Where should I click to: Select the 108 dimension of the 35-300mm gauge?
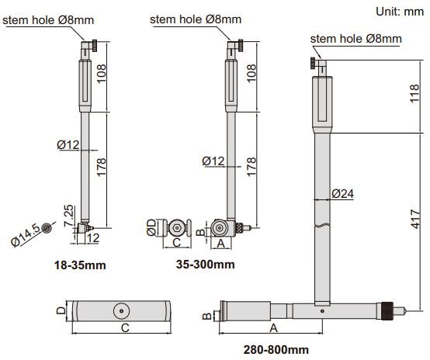coord(250,74)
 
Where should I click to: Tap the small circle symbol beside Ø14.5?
coord(48,227)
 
